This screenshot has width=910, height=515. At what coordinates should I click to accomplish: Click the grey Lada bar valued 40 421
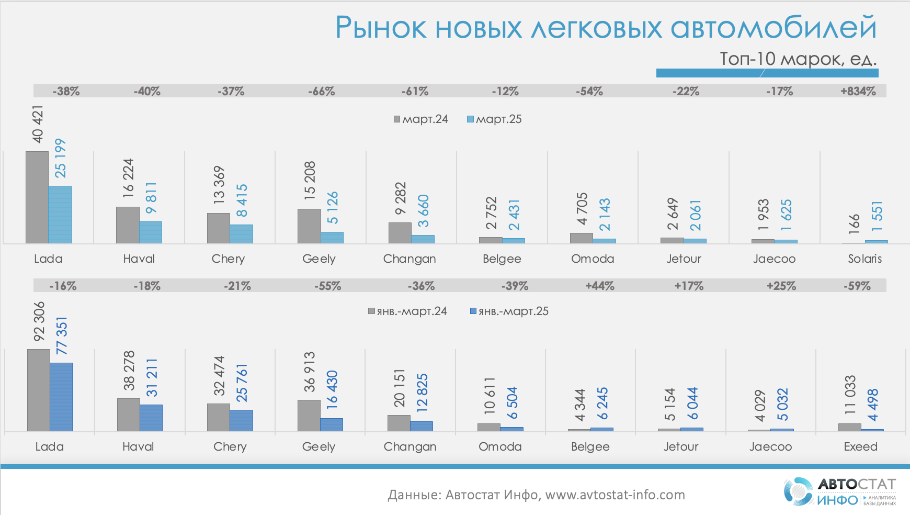[x=37, y=197]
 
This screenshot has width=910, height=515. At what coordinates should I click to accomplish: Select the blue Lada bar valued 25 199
[x=60, y=215]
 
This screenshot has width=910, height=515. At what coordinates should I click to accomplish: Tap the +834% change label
[x=858, y=91]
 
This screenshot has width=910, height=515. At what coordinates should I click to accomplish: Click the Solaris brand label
[x=864, y=259]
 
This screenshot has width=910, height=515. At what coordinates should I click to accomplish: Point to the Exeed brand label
[x=860, y=446]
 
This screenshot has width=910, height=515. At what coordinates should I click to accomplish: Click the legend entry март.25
[x=494, y=119]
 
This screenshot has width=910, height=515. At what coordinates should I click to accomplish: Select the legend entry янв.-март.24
[x=407, y=311]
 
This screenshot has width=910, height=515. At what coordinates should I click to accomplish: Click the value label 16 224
[x=129, y=178]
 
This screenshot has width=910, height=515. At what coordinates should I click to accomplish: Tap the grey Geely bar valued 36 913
[x=309, y=416]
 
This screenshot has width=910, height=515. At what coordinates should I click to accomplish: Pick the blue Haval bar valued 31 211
[x=151, y=418]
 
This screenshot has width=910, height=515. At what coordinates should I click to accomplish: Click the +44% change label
[x=599, y=286]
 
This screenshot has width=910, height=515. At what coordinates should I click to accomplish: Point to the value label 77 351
[x=62, y=335]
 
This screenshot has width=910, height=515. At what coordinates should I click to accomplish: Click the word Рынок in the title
[x=381, y=28]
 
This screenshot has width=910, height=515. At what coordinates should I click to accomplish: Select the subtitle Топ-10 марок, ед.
[x=798, y=59]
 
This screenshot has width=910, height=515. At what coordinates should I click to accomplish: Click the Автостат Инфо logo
[x=839, y=491]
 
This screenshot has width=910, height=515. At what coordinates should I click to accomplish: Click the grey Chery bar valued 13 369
[x=218, y=228]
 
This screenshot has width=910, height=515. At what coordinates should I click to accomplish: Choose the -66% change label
[x=321, y=91]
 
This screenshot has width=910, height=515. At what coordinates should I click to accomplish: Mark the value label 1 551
[x=877, y=216]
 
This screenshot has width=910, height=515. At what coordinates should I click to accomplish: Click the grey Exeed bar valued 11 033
[x=849, y=427]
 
